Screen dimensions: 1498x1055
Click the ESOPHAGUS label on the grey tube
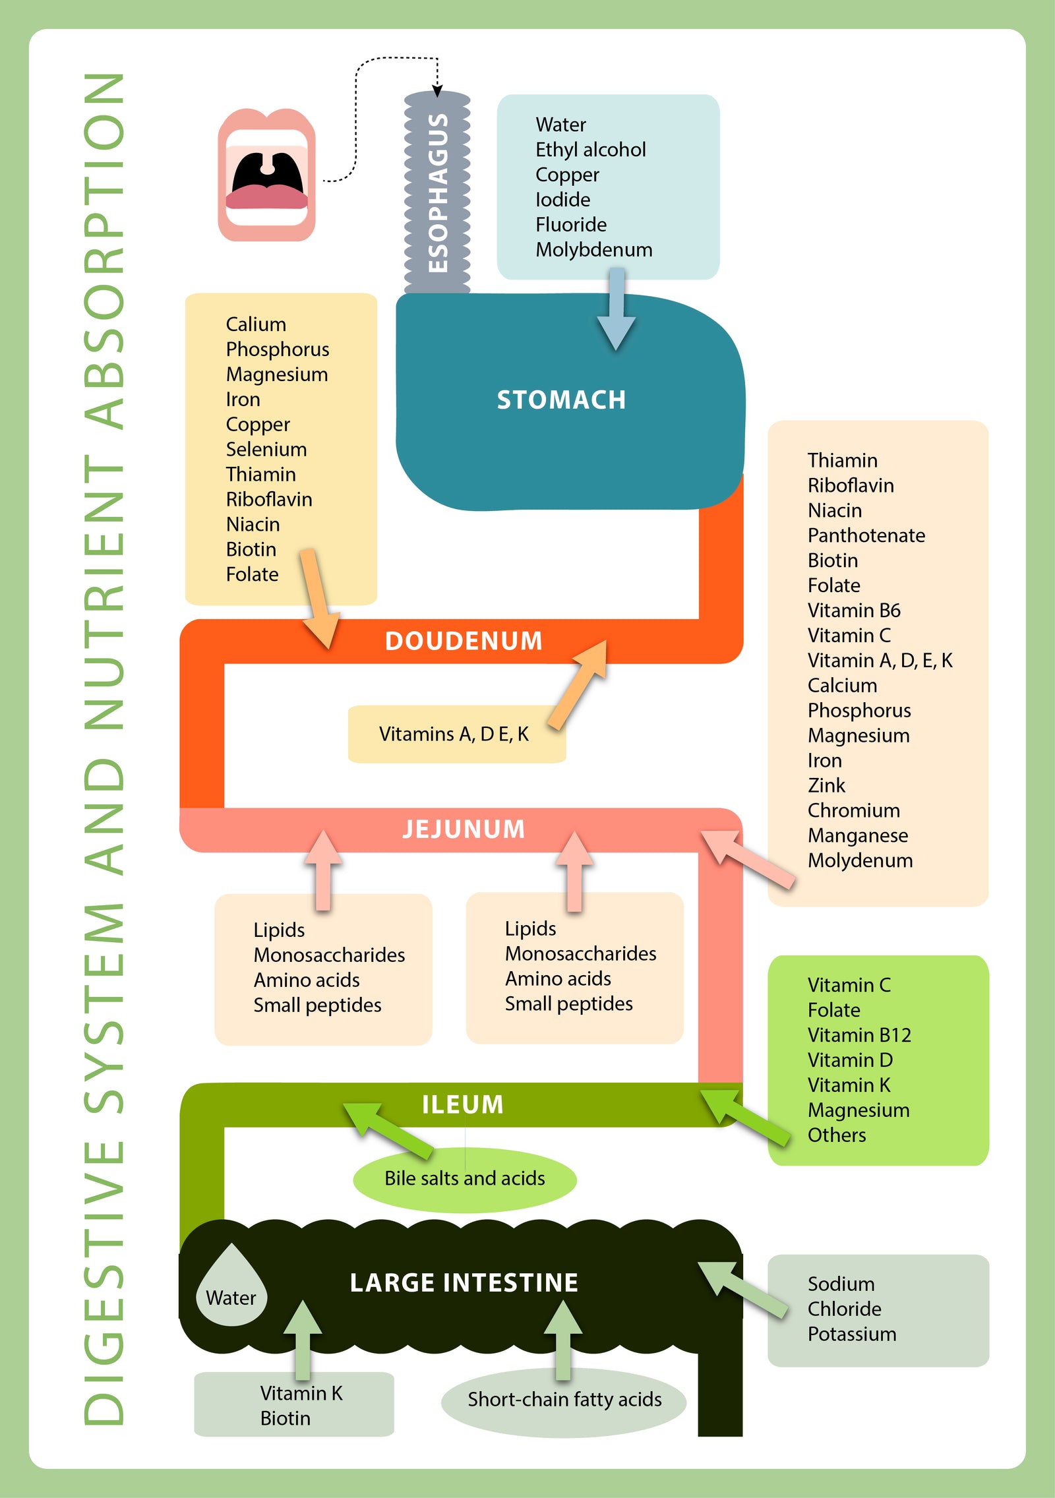pos(437,193)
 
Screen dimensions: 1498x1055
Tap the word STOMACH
pos(561,400)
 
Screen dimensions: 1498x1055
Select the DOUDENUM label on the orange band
pos(464,641)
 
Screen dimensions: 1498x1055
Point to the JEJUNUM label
pos(464,829)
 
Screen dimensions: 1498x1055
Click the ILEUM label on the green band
pos(462,1104)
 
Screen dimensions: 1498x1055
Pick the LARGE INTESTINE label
pos(464,1282)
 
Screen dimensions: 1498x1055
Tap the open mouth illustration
pos(266,175)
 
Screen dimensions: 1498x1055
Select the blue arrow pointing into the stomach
pos(616,310)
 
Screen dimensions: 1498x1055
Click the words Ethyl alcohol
pos(590,150)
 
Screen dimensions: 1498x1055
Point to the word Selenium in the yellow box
pos(266,449)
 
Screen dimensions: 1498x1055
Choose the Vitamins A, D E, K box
pos(455,734)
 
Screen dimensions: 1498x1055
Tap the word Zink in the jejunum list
pos(826,785)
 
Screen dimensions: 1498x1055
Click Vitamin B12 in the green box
pos(859,1034)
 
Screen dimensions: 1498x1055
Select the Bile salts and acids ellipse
pos(465,1178)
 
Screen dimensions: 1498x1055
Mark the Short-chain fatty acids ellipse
pos(564,1399)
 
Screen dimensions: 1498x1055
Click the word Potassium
pos(851,1334)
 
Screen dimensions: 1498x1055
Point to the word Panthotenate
pos(866,535)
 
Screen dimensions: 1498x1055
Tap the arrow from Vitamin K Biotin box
pos(303,1338)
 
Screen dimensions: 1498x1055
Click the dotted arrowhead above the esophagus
pos(437,90)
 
